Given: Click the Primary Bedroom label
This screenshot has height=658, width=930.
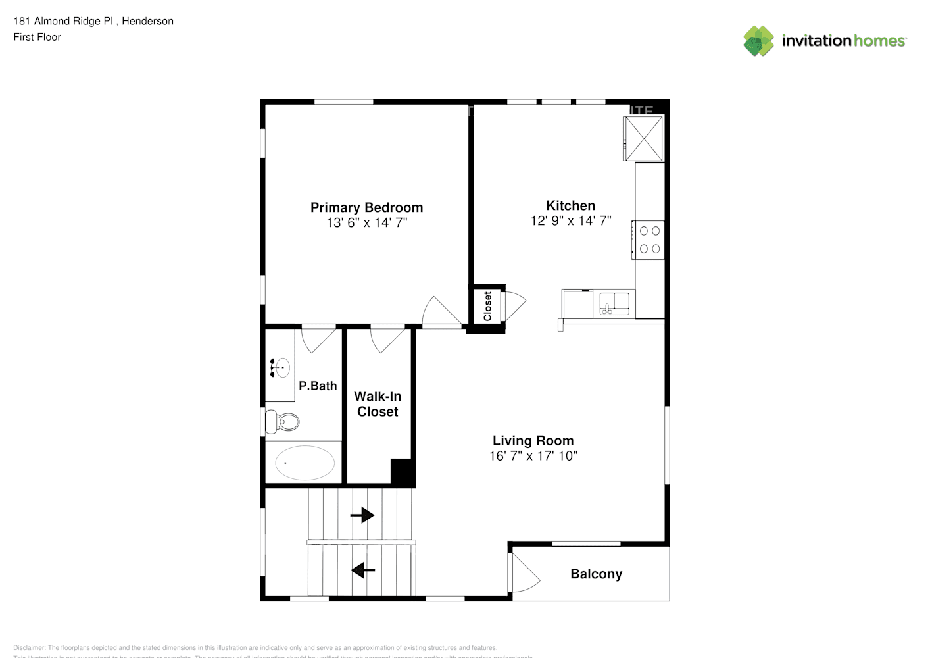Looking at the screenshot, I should [x=366, y=207].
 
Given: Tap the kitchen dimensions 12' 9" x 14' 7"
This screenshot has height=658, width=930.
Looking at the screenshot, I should [x=570, y=221].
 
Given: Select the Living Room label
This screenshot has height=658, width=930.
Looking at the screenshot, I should [x=533, y=441].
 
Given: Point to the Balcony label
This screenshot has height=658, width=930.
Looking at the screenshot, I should [x=596, y=574].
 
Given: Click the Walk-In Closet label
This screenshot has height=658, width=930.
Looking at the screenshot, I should [x=378, y=404].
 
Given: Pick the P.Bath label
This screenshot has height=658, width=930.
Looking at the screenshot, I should [x=318, y=386].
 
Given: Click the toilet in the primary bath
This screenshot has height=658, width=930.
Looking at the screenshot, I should [x=282, y=421].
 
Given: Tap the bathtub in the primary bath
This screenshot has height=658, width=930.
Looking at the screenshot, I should [x=304, y=463].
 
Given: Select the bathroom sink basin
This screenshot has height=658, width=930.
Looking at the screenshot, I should [x=281, y=368].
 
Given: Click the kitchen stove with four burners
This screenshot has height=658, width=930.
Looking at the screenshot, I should [x=649, y=240].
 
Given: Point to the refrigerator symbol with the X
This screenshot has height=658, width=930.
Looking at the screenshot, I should [x=643, y=138].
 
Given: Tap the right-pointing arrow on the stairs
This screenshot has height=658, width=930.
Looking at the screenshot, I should [x=362, y=515].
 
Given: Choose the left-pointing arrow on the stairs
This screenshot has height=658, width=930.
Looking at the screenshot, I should [x=362, y=570].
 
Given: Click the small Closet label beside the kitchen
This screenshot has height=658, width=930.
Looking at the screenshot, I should [x=487, y=306].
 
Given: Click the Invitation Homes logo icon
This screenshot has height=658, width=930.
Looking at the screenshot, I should [x=758, y=41].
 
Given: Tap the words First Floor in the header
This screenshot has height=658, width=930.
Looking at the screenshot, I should [x=37, y=37].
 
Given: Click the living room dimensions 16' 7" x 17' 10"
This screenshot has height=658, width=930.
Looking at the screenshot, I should [x=533, y=456].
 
